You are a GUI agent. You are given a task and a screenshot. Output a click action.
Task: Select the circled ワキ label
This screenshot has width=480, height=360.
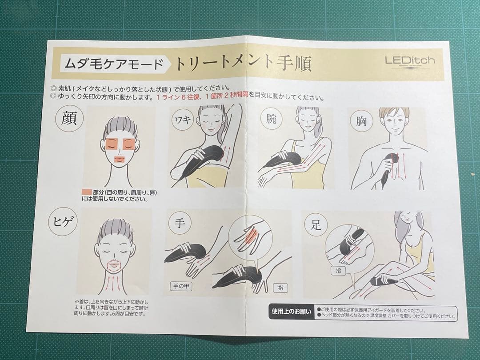pyautogui.click(x=183, y=120)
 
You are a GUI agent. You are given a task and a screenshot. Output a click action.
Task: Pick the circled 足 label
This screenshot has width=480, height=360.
pyautogui.click(x=316, y=224)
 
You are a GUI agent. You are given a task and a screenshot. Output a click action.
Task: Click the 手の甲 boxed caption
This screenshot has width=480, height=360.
pyautogui.click(x=181, y=286)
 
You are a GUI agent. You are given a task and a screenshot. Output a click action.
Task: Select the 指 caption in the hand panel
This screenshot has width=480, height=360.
pyautogui.click(x=280, y=288)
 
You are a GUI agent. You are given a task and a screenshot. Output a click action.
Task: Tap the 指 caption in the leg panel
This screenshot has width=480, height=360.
pyautogui.click(x=339, y=269)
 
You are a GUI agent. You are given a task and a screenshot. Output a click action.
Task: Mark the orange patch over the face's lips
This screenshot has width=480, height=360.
pyautogui.click(x=120, y=159)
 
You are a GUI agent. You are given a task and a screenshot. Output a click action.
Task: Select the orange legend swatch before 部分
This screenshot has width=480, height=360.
pyautogui.click(x=87, y=192)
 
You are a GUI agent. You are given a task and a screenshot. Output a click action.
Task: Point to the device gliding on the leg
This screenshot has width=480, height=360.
pyautogui.click(x=384, y=281)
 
